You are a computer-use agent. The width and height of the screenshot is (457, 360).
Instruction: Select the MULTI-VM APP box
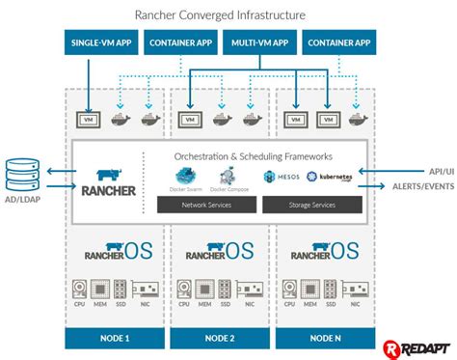(x=260, y=42)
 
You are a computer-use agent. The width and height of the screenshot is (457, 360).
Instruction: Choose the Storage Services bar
(x=310, y=205)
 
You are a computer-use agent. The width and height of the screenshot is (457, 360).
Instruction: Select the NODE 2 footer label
(x=221, y=337)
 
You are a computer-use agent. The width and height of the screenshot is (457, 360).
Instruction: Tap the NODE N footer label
(x=325, y=337)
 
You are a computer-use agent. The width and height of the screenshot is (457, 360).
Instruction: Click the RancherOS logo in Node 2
(x=221, y=251)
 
